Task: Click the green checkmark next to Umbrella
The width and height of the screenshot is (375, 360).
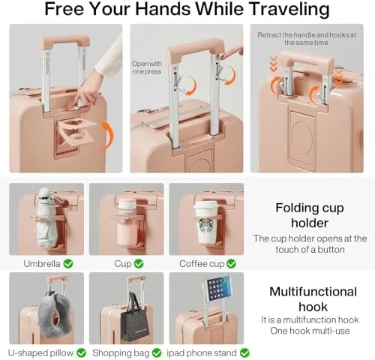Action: (x=68, y=263)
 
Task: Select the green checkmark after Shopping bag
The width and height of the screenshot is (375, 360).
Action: (x=156, y=352)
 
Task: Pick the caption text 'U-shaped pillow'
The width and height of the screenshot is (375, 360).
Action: (x=41, y=352)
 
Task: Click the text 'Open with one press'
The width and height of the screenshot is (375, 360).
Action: (x=146, y=68)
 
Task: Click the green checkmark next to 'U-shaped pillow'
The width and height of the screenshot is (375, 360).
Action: (x=80, y=352)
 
